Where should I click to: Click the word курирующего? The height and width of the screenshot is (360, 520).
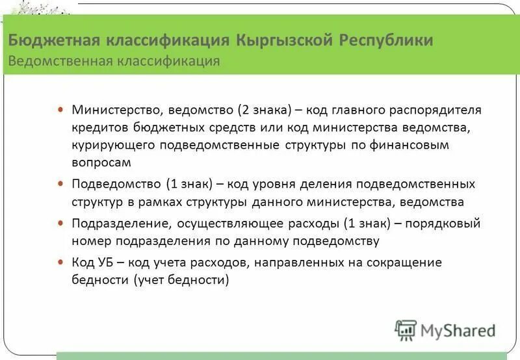(x=109, y=144)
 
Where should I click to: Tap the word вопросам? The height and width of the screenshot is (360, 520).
(x=101, y=161)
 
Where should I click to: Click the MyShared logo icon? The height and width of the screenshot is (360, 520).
(x=406, y=331)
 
